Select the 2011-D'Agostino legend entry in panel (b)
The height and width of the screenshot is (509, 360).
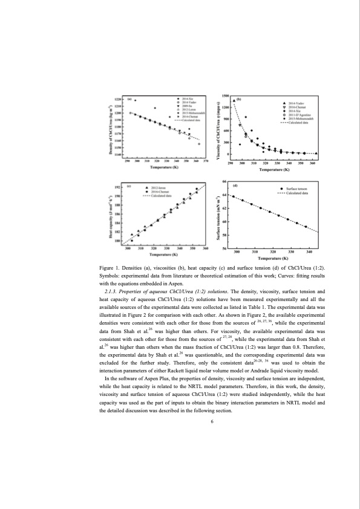coord(305,115)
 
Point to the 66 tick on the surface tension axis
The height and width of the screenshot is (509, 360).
coord(224,182)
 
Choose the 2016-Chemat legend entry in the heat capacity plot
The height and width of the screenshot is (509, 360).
coord(160,192)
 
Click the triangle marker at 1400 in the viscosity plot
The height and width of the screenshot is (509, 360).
coord(234,100)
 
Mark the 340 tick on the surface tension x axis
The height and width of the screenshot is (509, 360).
coord(310,251)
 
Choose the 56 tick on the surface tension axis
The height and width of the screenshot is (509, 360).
coord(224,248)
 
